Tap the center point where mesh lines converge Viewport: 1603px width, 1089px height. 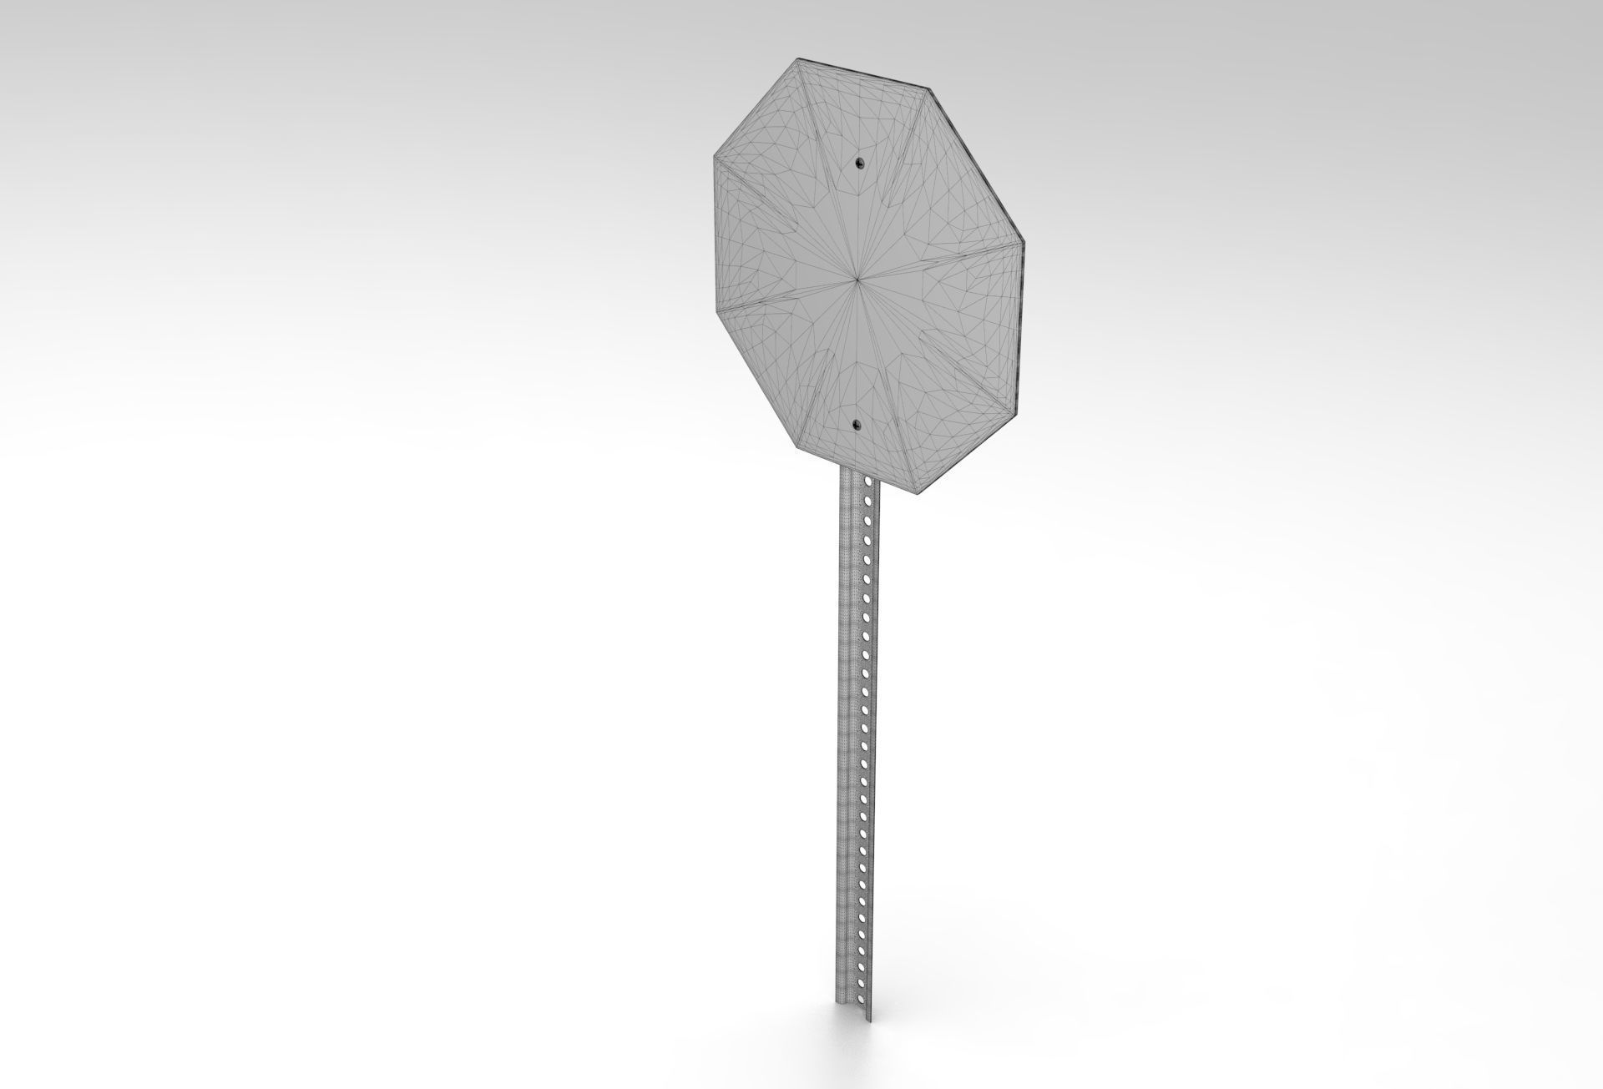[x=857, y=279]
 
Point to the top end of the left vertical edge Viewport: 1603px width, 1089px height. [x=714, y=155]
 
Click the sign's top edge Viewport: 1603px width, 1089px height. [x=865, y=72]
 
